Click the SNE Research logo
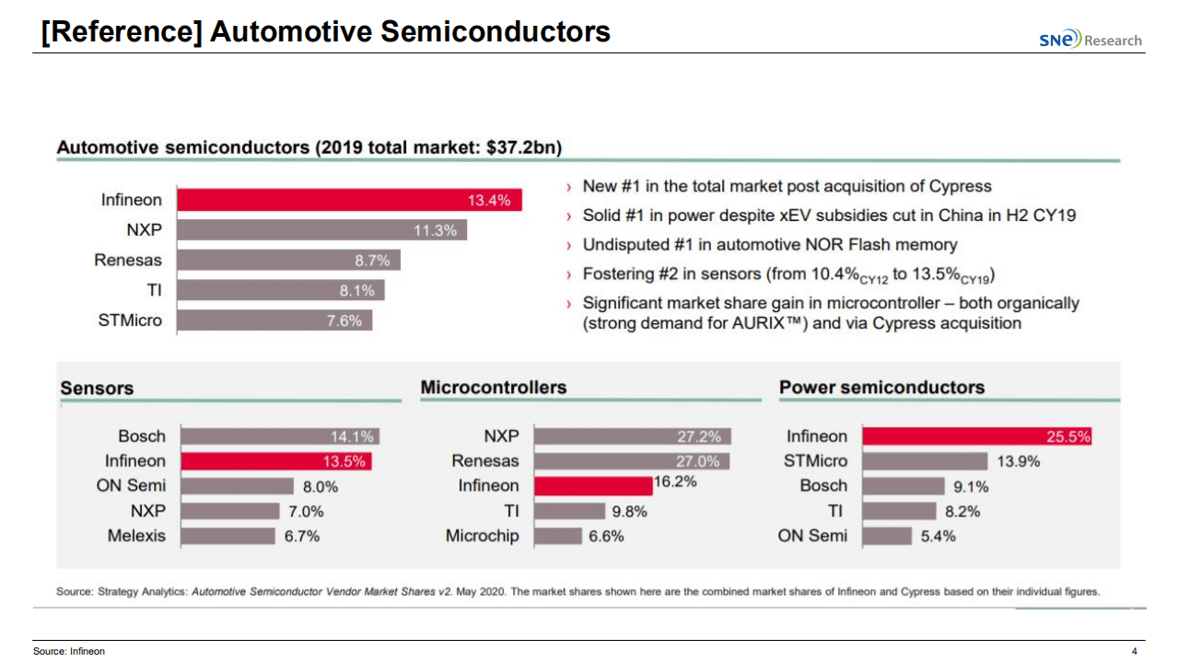coord(1090,40)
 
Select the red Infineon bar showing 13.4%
coord(349,200)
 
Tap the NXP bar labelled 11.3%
coord(321,230)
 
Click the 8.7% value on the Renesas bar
coord(372,261)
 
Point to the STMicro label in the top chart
coord(130,320)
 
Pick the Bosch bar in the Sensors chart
coord(278,436)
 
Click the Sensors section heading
coord(97,389)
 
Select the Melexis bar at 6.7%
coord(227,536)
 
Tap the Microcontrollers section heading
coord(493,388)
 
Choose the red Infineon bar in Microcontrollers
coord(592,486)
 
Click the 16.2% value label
coord(675,482)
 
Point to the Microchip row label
coord(482,536)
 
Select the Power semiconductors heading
coord(881,388)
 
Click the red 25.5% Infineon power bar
coord(976,436)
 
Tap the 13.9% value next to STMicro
coord(1018,461)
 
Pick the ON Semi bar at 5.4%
coord(887,536)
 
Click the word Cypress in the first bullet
coord(959,186)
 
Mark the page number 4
coord(1135,652)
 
